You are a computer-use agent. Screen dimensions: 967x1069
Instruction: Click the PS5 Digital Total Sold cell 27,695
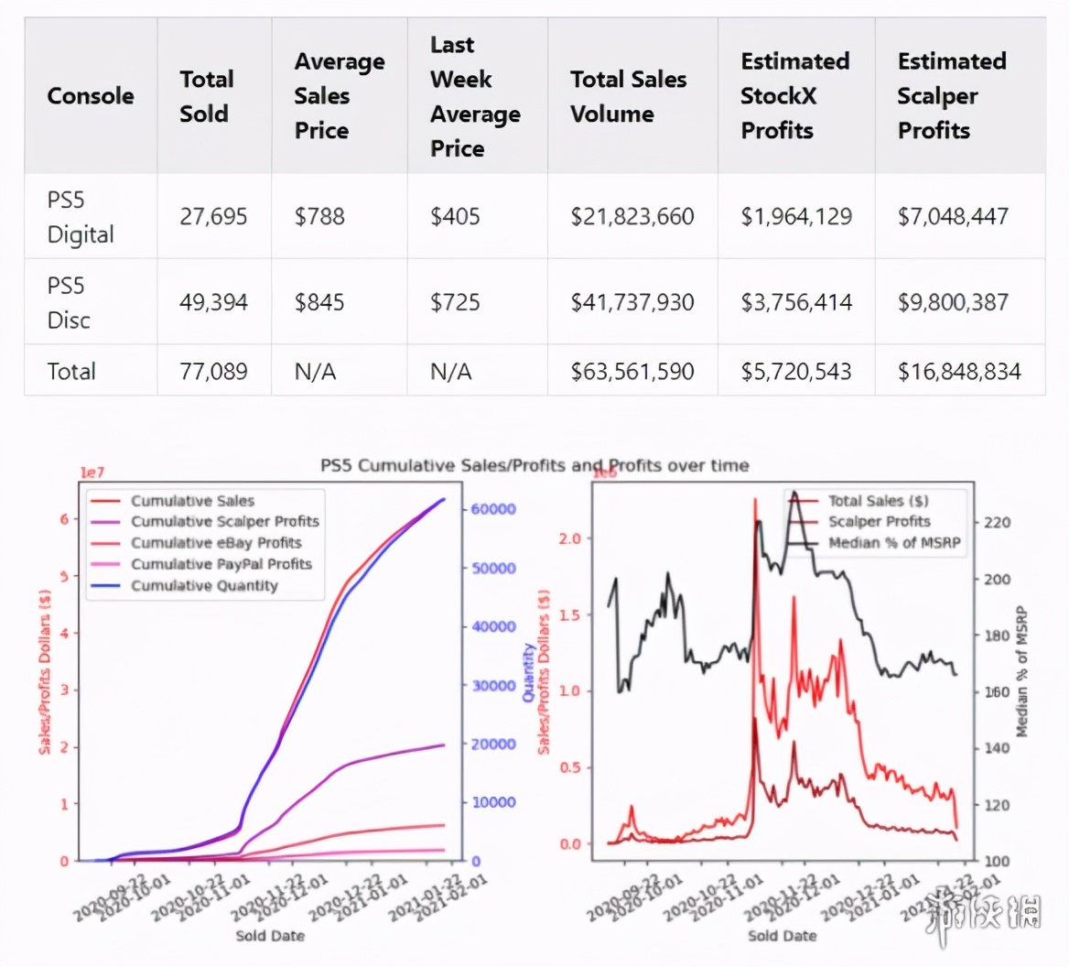213,217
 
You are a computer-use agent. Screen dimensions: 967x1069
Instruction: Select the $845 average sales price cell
319,302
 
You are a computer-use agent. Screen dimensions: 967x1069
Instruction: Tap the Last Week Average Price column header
475,96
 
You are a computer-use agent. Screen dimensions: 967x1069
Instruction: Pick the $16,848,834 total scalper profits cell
959,371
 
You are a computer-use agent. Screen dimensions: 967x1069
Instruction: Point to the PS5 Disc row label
69,302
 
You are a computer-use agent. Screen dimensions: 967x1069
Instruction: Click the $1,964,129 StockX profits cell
796,217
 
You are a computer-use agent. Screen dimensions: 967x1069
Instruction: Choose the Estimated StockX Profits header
794,96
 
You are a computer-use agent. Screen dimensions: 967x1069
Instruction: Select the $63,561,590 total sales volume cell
632,371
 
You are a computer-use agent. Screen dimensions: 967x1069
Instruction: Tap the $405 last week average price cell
455,217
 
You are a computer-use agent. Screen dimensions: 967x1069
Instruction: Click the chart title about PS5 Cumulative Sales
534,465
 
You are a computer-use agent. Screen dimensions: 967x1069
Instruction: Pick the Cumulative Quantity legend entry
203,586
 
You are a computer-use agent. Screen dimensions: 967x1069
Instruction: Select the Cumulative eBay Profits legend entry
215,543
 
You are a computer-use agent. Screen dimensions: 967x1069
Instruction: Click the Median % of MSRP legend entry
894,543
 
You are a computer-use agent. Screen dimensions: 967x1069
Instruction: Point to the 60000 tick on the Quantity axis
493,509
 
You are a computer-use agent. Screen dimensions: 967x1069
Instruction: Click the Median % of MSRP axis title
1021,671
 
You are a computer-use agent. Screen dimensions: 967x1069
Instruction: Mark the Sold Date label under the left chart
270,935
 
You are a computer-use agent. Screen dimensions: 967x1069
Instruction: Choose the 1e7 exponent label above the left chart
92,473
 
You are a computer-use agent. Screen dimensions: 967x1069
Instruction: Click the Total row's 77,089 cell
213,371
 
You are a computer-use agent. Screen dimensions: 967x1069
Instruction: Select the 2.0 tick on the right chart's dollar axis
569,538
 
